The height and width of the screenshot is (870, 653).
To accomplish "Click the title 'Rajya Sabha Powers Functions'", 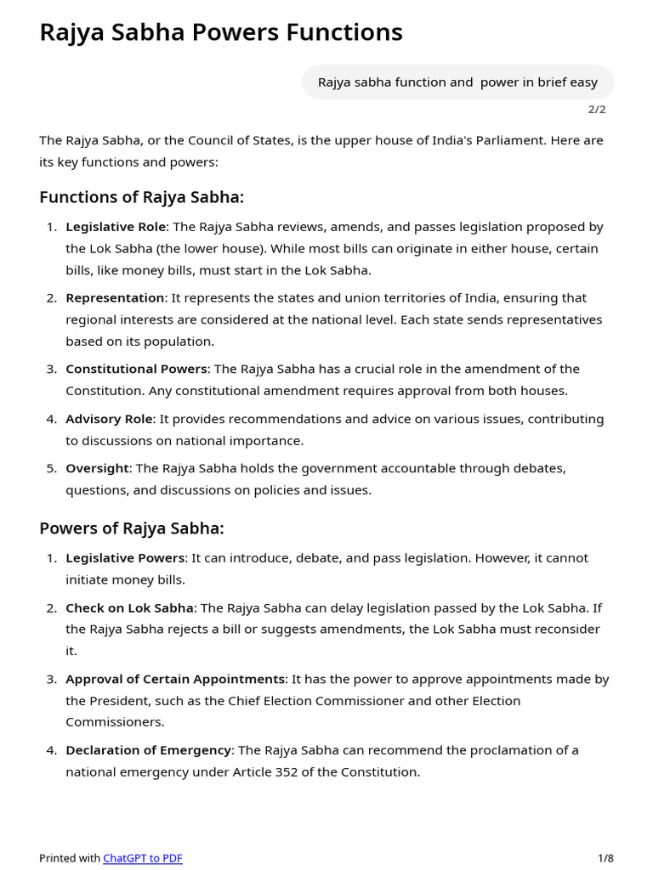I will [x=221, y=32].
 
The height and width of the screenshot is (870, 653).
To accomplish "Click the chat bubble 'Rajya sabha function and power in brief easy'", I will [x=457, y=82].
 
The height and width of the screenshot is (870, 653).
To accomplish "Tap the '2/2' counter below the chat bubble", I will [x=597, y=110].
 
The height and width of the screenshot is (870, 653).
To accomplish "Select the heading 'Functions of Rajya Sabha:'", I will [x=141, y=197].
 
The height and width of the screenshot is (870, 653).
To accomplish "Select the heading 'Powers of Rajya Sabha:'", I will [x=132, y=528].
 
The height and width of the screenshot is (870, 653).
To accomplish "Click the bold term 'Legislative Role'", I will [x=116, y=227].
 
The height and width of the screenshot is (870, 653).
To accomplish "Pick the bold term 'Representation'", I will [x=115, y=298].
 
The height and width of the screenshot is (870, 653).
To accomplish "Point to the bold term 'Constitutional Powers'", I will [x=136, y=369].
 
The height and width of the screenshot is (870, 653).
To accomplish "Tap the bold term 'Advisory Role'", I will [x=109, y=419].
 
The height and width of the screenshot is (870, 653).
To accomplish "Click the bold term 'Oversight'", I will [x=97, y=468].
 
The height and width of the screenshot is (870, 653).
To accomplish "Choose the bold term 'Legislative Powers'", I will [x=125, y=558].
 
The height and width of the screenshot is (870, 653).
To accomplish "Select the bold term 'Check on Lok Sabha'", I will [x=130, y=608].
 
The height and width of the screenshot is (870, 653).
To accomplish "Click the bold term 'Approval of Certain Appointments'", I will [x=175, y=680].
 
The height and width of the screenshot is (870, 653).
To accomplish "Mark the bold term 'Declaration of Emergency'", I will [x=149, y=750].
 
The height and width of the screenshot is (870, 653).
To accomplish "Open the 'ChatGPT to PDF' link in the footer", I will [x=143, y=858].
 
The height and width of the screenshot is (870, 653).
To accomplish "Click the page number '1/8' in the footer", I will [x=605, y=858].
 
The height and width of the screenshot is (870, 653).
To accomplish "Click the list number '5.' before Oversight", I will [x=52, y=468].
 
